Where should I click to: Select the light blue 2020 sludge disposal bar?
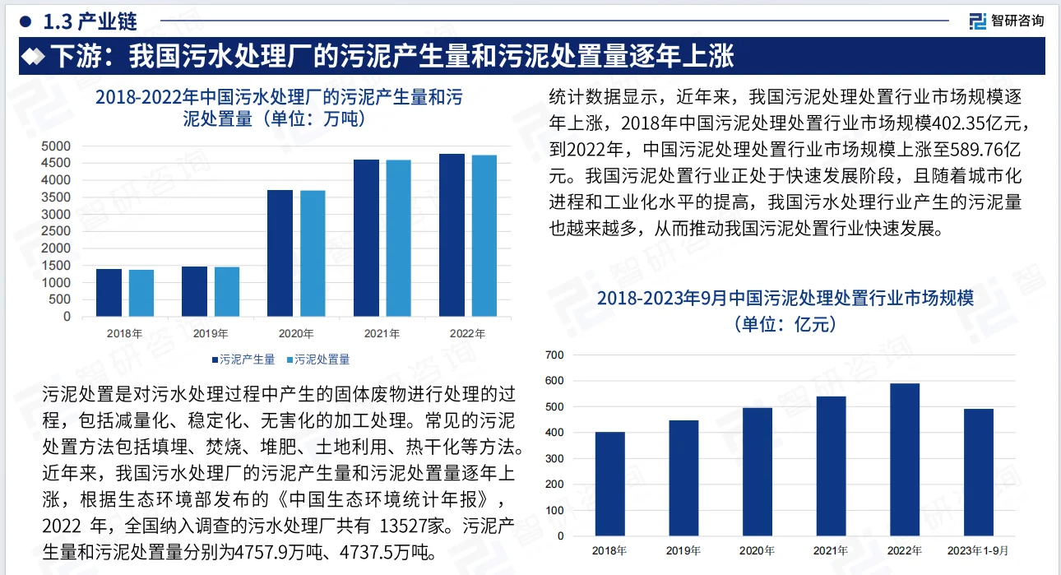point(313,253)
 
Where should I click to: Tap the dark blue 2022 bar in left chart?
point(452,235)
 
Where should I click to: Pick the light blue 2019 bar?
point(227,291)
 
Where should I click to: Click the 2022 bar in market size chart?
point(905,460)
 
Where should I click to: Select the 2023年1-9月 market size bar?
point(979,472)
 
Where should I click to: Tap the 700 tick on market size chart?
point(554,355)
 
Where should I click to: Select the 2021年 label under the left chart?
point(382,334)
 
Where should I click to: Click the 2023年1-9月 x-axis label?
point(980,550)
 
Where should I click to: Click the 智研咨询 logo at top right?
point(1007,21)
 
